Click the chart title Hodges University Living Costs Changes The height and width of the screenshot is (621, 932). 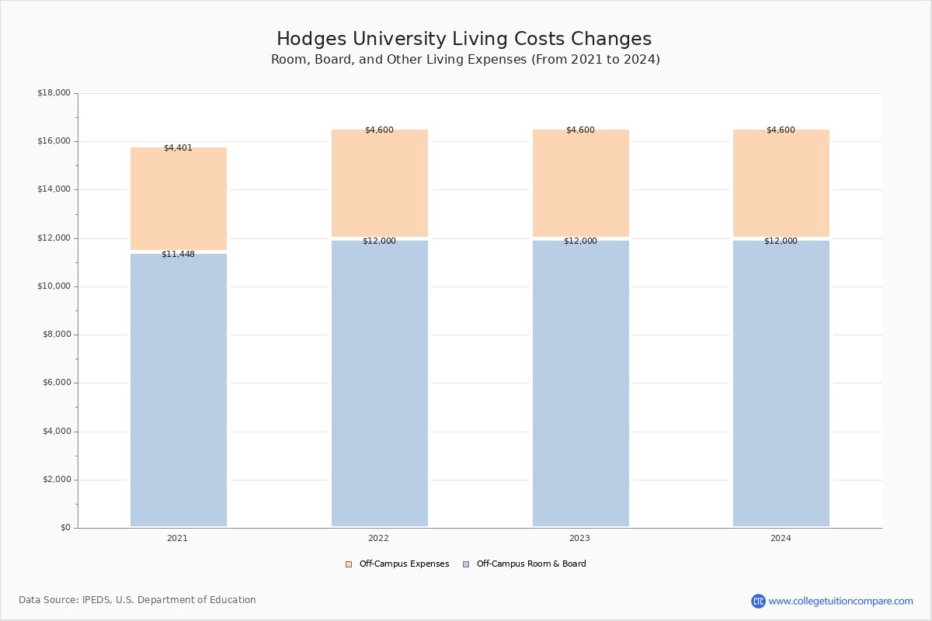464,39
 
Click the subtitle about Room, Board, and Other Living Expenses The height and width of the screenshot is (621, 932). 465,60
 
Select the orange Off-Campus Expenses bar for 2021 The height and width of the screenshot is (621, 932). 179,199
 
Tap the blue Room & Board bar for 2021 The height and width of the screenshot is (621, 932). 179,390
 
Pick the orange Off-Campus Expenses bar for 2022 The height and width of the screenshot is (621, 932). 380,183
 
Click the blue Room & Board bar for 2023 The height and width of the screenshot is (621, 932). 581,383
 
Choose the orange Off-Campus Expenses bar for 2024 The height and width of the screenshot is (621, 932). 781,183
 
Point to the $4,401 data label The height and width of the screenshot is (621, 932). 178,147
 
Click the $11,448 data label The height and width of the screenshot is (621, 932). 178,254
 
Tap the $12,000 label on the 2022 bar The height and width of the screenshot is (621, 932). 379,241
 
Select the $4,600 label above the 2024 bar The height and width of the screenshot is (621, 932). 781,130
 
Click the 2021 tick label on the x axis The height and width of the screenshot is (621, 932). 177,538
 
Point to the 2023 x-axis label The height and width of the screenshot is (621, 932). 579,538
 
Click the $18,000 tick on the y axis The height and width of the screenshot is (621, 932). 54,92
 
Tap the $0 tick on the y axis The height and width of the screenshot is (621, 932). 66,528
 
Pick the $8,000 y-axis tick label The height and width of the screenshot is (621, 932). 57,335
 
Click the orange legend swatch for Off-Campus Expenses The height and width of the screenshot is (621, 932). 349,564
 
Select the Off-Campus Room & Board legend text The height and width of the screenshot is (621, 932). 531,564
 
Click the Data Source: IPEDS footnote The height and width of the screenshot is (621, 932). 137,600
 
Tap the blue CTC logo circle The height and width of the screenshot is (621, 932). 758,601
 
